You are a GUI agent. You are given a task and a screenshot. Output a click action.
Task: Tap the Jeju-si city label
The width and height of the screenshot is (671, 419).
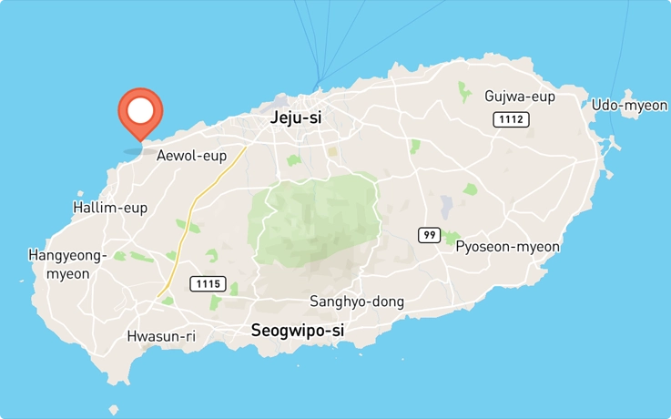(296, 118)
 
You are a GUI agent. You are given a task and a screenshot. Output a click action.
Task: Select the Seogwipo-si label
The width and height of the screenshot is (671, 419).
(298, 332)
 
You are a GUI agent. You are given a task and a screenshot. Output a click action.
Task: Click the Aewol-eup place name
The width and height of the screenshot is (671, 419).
(191, 156)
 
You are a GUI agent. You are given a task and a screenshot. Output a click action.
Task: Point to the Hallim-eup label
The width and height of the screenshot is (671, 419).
(109, 208)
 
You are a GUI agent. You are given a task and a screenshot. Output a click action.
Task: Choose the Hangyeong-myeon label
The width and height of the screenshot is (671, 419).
(67, 264)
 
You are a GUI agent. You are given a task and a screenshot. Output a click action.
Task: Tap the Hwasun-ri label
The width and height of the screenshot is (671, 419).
(161, 336)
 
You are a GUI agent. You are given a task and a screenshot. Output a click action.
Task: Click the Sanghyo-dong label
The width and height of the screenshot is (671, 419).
(357, 301)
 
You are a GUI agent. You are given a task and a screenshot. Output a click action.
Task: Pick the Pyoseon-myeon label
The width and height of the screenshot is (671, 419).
(507, 247)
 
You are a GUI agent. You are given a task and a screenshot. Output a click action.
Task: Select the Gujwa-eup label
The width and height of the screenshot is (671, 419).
(519, 97)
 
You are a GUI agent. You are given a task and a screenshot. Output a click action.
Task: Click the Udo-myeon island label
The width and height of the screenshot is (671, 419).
(629, 105)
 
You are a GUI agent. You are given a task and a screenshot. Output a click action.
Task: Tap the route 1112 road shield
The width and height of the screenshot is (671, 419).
(511, 119)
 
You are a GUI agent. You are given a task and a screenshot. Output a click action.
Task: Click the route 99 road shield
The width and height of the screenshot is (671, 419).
(430, 235)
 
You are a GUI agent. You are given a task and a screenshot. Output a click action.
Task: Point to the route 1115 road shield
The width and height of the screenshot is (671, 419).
(208, 284)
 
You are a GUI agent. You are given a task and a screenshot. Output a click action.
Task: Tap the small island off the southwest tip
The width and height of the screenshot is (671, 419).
(114, 411)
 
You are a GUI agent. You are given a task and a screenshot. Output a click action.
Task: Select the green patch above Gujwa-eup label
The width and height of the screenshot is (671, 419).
(463, 91)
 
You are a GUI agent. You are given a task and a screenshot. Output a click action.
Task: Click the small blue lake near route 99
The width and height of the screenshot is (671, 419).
(446, 206)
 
